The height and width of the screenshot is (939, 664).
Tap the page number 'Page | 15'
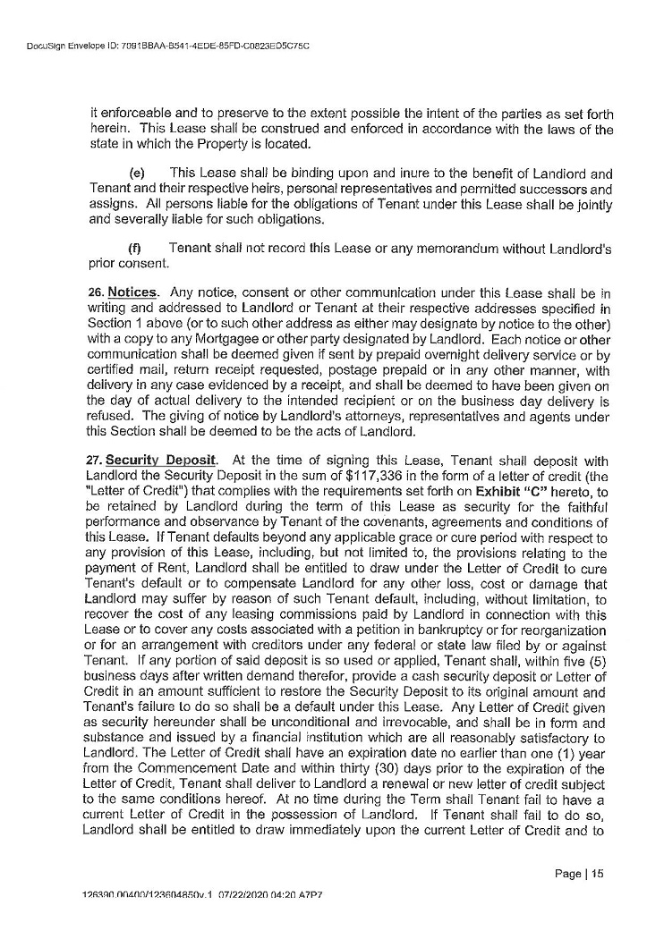click(x=580, y=874)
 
